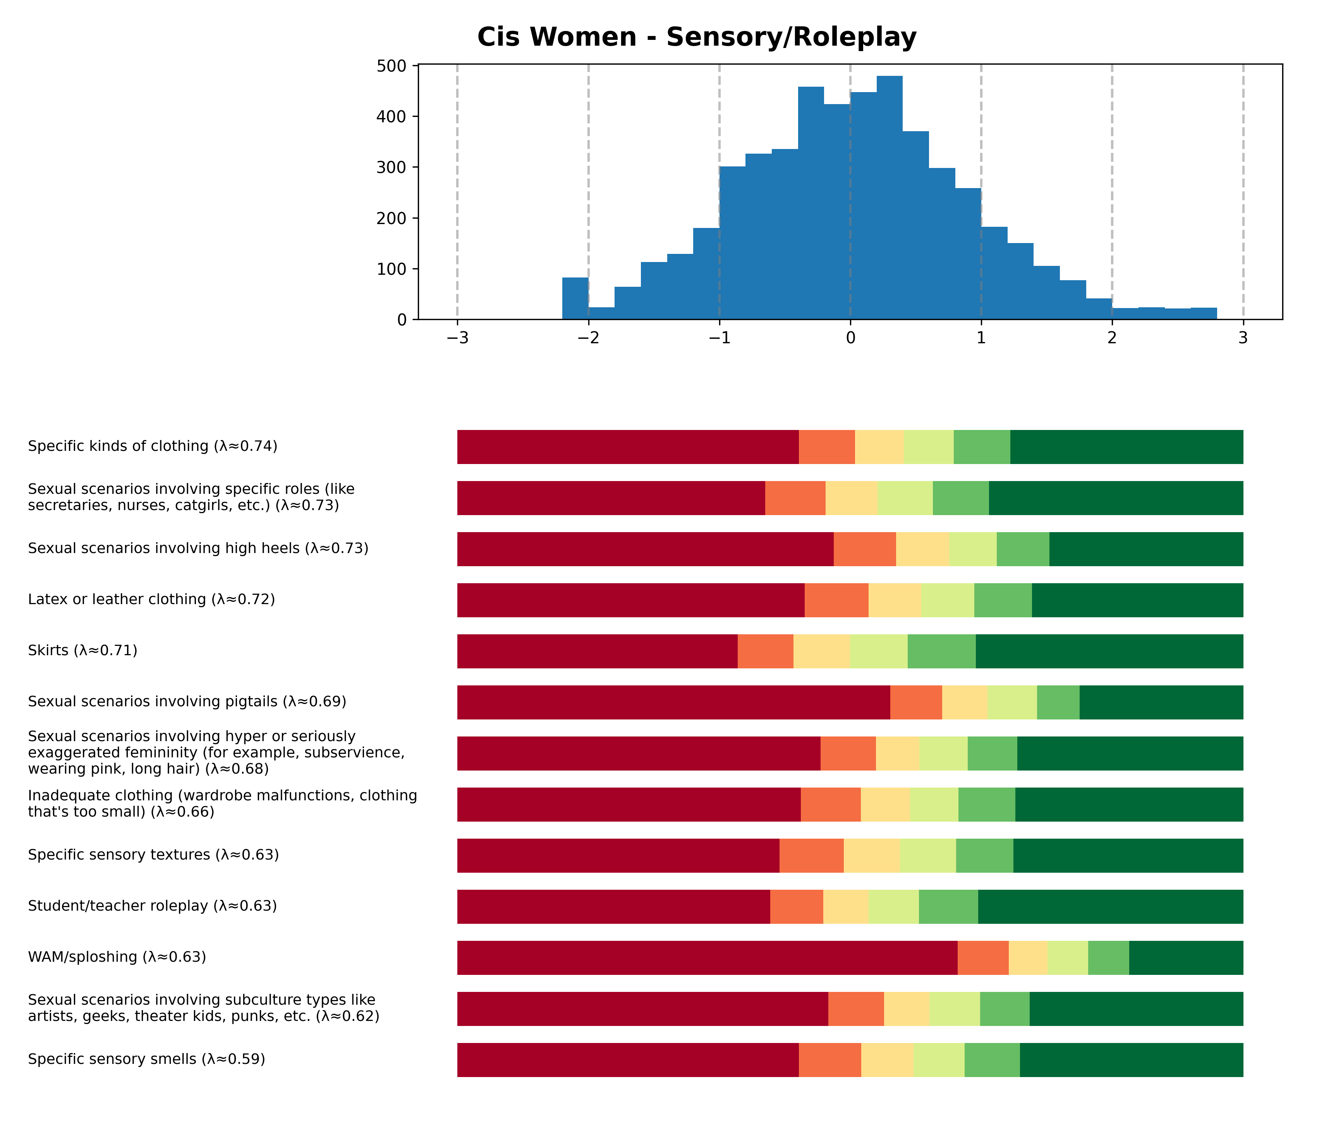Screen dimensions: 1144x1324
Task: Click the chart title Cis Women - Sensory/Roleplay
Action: point(697,37)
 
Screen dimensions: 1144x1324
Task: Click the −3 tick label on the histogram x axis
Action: point(457,338)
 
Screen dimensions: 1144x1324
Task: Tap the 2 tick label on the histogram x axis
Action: point(1112,338)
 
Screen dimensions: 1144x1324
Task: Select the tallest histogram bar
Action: point(890,198)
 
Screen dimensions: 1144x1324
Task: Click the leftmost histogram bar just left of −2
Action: point(575,298)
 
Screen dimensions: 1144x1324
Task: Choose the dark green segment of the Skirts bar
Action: point(1109,651)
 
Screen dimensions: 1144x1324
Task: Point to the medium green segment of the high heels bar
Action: point(1022,549)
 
